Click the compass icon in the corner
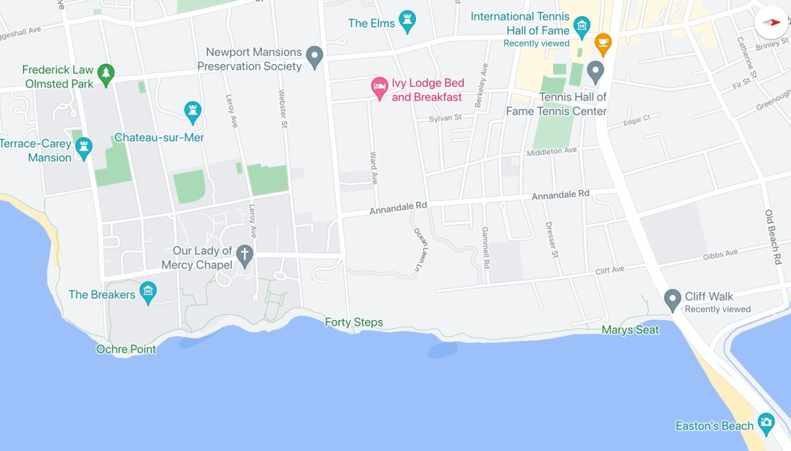(771, 22)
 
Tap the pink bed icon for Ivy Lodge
(379, 87)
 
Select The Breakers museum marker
(148, 292)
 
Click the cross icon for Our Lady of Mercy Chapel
(245, 255)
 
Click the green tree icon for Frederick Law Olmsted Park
(105, 74)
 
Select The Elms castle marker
(408, 21)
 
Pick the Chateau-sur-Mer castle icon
(192, 111)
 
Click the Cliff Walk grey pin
(672, 300)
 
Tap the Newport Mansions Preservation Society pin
(315, 57)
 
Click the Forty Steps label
(354, 323)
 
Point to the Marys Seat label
(630, 330)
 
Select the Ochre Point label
(127, 349)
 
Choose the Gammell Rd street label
(486, 248)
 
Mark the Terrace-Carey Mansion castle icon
(84, 149)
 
